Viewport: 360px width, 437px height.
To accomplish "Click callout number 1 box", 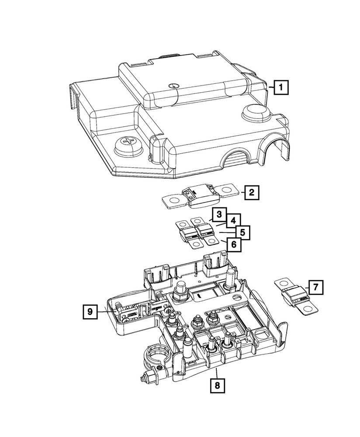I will click(281, 87).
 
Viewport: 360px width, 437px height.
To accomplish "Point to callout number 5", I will click(242, 232).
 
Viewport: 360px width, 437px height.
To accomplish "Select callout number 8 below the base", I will click(217, 385).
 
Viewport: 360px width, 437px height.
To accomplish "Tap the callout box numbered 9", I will click(90, 312).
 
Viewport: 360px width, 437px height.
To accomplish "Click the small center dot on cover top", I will click(173, 85).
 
